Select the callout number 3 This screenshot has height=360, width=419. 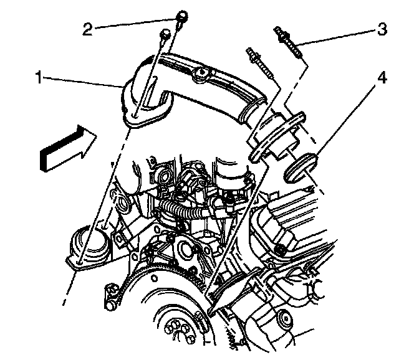pyautogui.click(x=380, y=29)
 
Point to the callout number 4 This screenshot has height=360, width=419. pyautogui.click(x=381, y=80)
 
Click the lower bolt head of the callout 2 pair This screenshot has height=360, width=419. pyautogui.click(x=165, y=34)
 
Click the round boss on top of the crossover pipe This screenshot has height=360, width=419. pyautogui.click(x=200, y=76)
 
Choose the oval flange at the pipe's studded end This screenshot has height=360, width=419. pyautogui.click(x=274, y=134)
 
